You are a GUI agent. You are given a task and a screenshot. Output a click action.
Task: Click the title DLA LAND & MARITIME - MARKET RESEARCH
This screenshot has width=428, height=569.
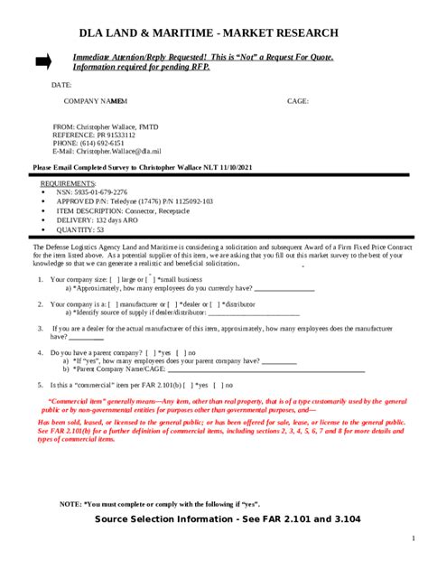(209, 33)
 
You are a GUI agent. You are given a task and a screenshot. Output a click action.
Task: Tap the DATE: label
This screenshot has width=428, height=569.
(61, 84)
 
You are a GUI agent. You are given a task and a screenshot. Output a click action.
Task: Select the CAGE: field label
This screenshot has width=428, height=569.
(298, 101)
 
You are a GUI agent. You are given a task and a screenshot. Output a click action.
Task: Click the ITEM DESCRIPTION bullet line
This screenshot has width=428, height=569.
(123, 210)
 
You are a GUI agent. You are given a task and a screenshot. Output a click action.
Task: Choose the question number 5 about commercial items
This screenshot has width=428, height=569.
(40, 385)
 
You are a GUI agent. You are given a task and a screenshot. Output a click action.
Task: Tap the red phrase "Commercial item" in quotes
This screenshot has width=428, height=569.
(75, 401)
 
